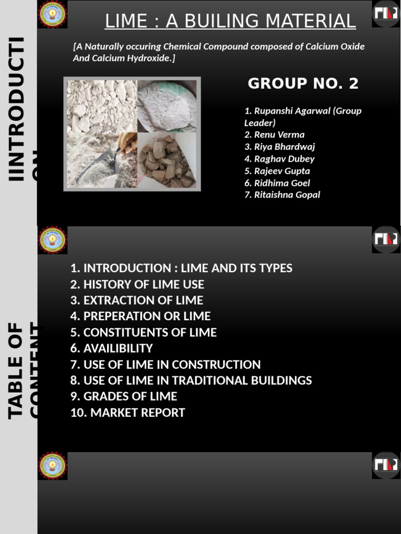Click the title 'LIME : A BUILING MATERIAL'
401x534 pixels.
[230, 21]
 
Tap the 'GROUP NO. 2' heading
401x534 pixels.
[303, 83]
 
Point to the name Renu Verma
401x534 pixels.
[279, 135]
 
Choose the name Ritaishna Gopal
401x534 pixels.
[287, 195]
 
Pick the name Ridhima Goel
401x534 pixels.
[281, 183]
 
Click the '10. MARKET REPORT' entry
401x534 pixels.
[128, 412]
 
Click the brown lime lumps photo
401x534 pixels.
[168, 161]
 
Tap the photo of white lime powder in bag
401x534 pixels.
[168, 106]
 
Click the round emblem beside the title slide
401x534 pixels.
[53, 14]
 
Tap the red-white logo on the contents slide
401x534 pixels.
[386, 239]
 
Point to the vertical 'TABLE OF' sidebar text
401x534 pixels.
[17, 370]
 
